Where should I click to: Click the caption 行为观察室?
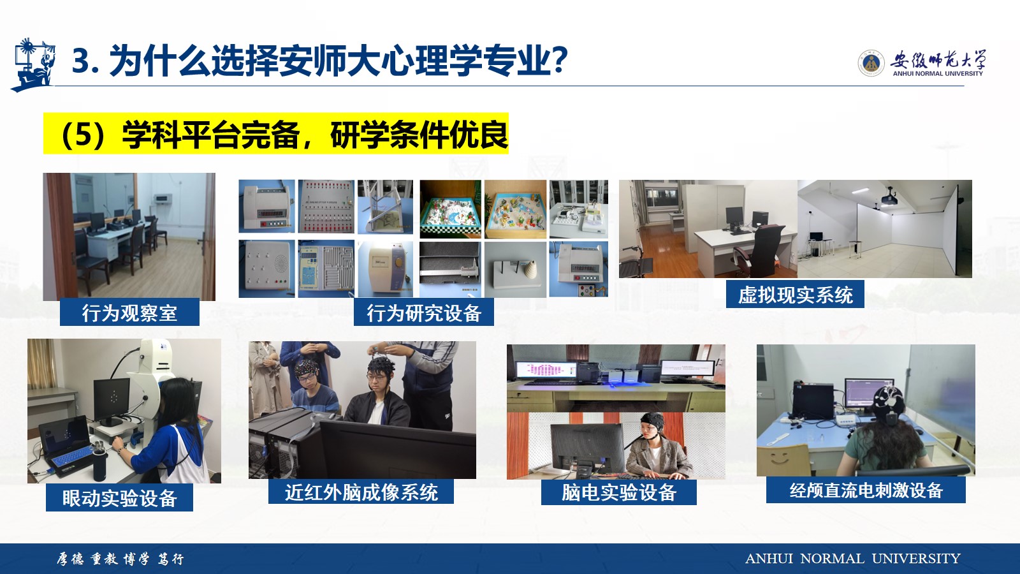pos(129,313)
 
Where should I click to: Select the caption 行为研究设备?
pos(424,313)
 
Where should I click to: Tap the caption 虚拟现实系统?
pos(795,295)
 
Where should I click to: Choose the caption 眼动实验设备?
pos(119,498)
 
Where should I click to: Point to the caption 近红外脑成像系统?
pos(361,492)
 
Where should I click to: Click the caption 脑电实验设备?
pos(619,492)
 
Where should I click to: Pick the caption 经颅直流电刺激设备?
pos(866,490)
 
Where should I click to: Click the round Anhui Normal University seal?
pos(871,64)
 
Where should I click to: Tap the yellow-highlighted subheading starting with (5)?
pos(276,134)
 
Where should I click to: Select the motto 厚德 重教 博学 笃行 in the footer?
pos(120,559)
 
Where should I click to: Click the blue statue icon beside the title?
pos(33,64)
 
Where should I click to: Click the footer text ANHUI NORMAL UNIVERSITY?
pos(852,559)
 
